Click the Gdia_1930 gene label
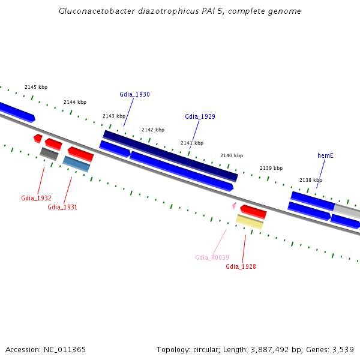pos(134,94)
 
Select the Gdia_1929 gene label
pos(200,116)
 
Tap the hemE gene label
pos(325,155)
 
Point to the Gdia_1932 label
pos(36,198)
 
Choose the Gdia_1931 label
pos(62,207)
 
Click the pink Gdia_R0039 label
pos(212,257)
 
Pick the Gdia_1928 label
pos(241,266)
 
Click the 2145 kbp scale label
pos(36,87)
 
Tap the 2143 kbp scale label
pos(114,116)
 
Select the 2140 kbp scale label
pos(232,155)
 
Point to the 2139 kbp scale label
pos(271,168)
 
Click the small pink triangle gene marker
pos(234,206)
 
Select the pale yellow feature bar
pos(250,222)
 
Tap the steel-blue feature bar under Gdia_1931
pos(76,164)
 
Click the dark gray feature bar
pos(49,154)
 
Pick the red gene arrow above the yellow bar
pos(253,212)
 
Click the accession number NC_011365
pos(65,350)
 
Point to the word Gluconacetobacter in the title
pos(97,11)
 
